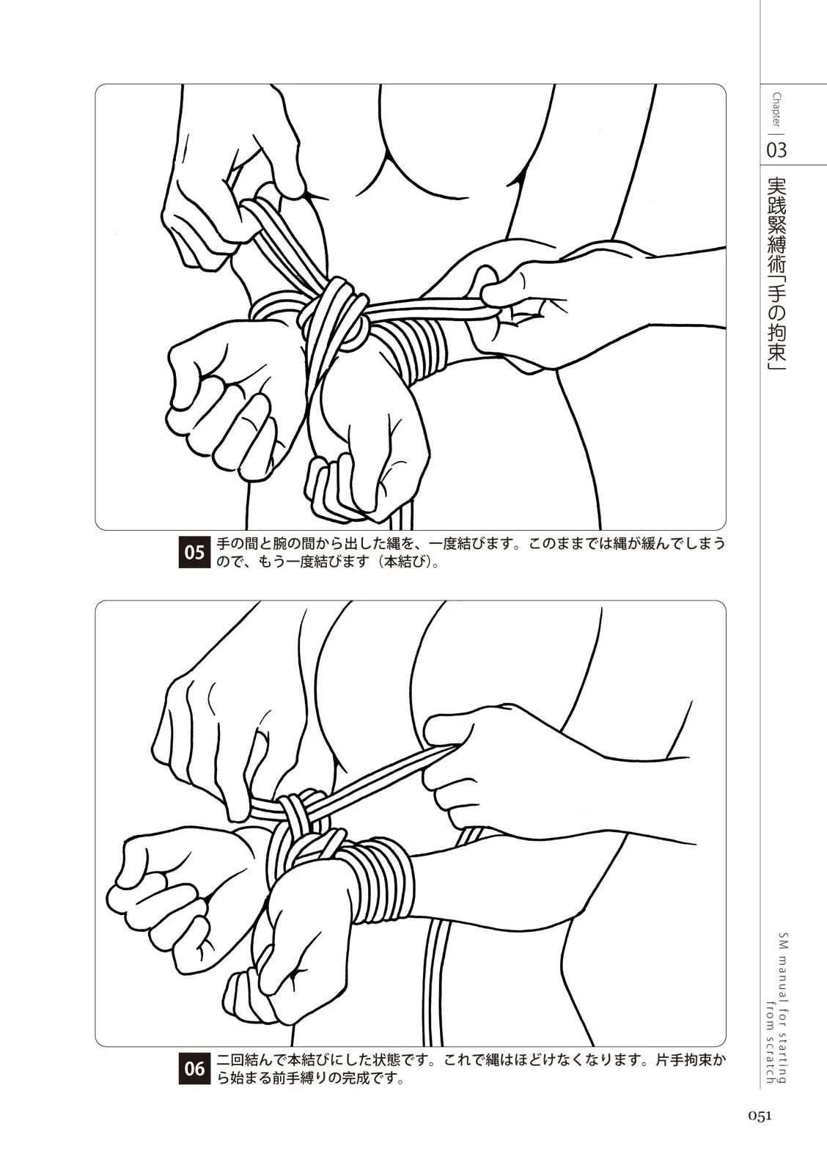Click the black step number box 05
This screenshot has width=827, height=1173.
click(x=194, y=551)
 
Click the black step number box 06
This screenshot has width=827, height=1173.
click(x=194, y=1067)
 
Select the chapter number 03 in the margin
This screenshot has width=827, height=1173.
click(x=776, y=150)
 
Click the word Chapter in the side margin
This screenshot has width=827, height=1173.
click(x=776, y=109)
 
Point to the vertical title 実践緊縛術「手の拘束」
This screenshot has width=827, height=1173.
click(x=776, y=274)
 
